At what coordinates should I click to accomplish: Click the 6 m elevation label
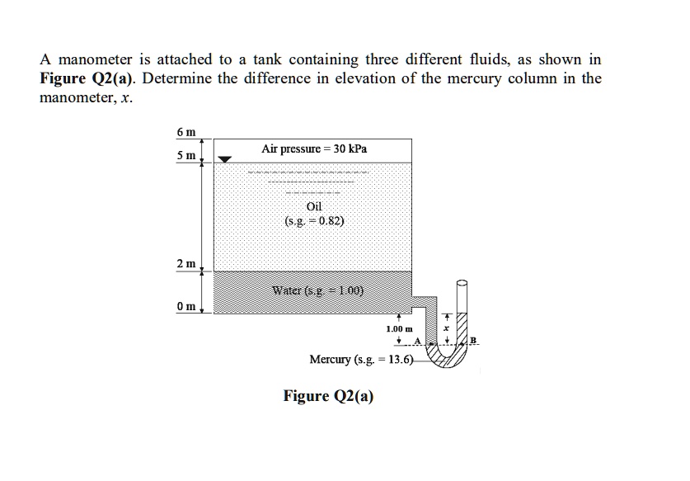pos(185,133)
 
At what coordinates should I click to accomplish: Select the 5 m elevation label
pos(185,156)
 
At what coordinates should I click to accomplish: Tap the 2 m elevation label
pos(185,263)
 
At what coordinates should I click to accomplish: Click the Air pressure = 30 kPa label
pos(314,149)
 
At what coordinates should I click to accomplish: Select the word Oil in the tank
pos(314,206)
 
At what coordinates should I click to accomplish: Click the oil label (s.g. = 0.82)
pos(314,221)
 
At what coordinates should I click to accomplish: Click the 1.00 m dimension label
pos(398,329)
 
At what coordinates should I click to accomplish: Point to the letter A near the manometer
pos(419,342)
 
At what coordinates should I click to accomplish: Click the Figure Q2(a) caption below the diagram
pos(328,396)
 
